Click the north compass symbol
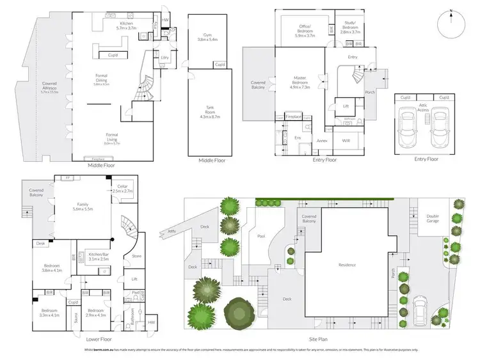(452, 24)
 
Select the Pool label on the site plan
(261, 236)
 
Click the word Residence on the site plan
(347, 264)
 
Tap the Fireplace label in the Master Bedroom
(294, 117)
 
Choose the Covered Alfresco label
(49, 86)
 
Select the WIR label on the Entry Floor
(346, 139)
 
